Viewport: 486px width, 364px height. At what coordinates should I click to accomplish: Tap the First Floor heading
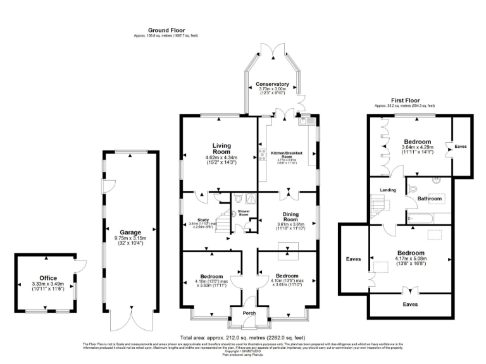[406, 100]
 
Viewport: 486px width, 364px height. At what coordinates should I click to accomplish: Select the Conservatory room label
[273, 84]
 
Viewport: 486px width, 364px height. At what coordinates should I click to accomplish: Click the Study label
[202, 219]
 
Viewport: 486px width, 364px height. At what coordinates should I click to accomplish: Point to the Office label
[48, 277]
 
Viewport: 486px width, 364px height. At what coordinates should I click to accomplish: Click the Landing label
[388, 190]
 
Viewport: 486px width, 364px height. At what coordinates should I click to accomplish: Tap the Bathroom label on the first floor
[430, 198]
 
